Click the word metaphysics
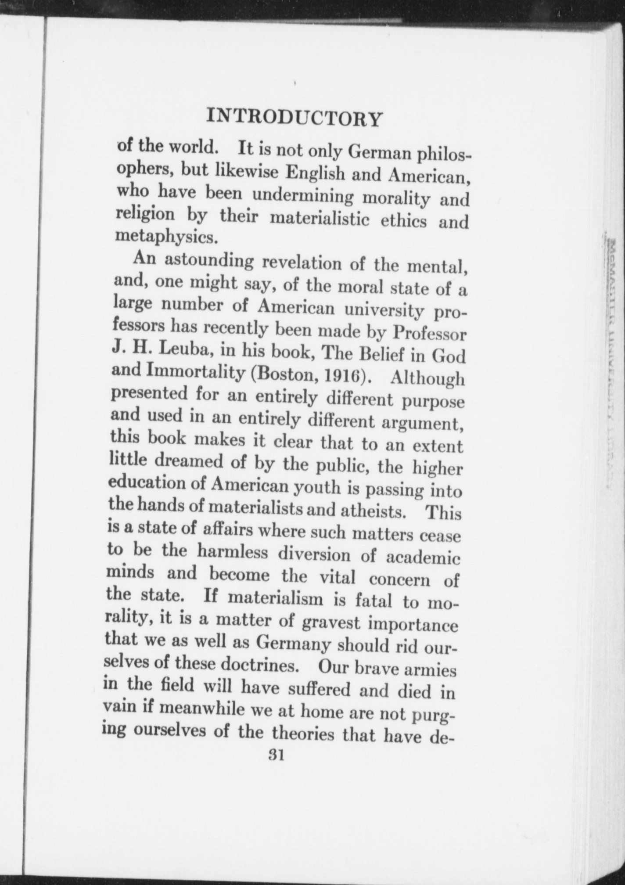166,237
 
